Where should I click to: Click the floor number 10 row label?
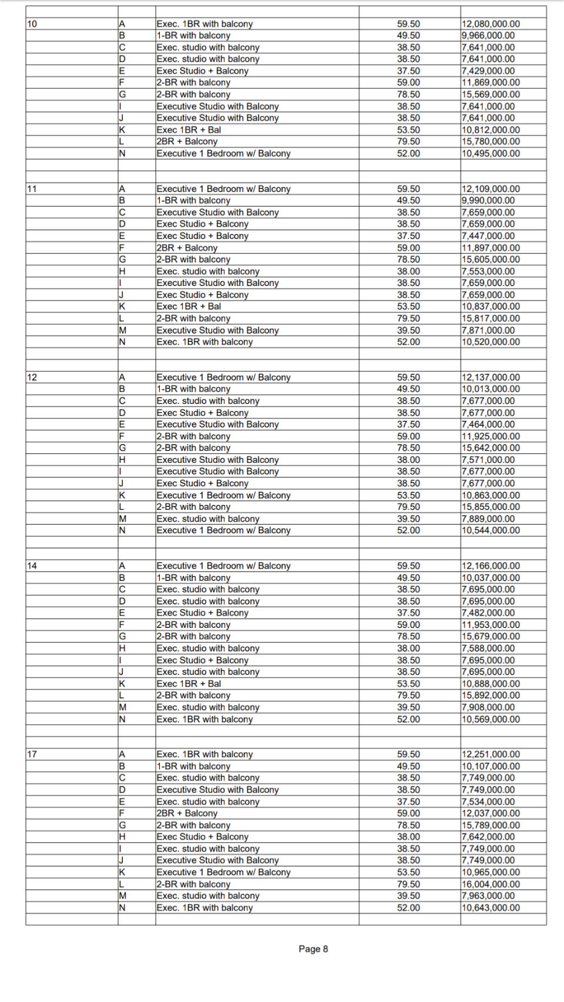point(32,24)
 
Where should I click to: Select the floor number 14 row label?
point(32,566)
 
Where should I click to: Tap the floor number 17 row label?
point(32,754)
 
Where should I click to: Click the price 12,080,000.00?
point(491,24)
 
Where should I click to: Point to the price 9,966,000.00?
point(488,36)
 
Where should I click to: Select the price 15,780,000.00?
point(491,142)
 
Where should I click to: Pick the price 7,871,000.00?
point(488,330)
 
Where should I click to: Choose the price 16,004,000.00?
point(491,884)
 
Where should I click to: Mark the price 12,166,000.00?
point(491,566)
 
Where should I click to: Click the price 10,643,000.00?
point(491,907)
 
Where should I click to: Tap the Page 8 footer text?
point(313,949)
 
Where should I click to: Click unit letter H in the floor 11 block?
point(122,271)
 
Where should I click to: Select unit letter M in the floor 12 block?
point(123,519)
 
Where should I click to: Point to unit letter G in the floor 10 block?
point(122,95)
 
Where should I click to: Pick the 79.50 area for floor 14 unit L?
point(408,695)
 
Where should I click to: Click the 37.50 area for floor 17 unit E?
point(408,802)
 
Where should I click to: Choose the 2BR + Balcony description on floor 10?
point(187,142)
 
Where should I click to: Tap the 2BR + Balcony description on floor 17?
point(187,813)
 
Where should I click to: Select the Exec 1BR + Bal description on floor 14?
point(189,684)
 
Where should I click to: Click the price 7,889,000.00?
point(488,519)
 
